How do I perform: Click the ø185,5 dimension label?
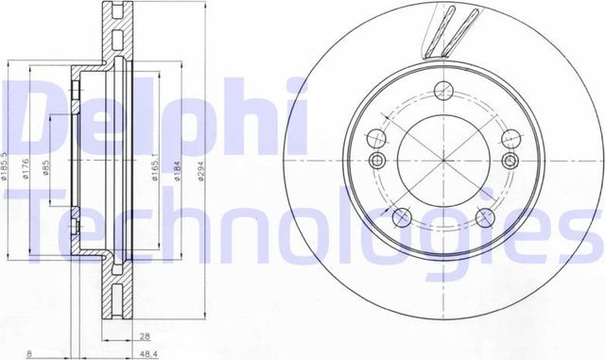tap(8, 162)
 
